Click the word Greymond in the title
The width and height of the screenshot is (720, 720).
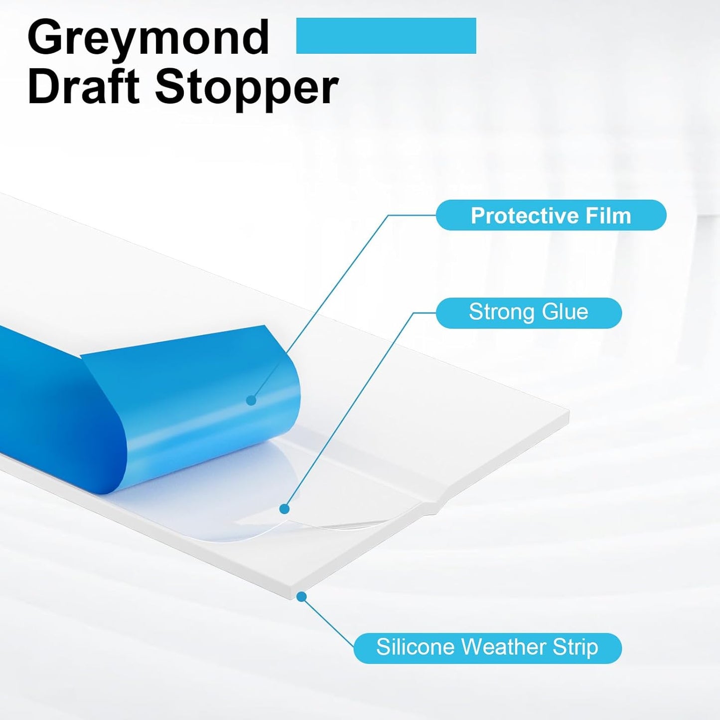(x=148, y=39)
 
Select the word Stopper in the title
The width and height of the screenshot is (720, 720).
(x=247, y=89)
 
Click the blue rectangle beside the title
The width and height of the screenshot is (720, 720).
(x=386, y=36)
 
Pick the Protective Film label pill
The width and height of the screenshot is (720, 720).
(x=551, y=215)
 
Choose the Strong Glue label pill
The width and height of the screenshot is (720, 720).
(x=529, y=313)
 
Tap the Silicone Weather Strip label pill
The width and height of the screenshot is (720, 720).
(x=487, y=648)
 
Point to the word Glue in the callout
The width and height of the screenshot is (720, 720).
(x=565, y=312)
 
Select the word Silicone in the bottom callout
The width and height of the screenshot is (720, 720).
(x=415, y=647)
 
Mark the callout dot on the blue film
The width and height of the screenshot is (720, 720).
(x=251, y=400)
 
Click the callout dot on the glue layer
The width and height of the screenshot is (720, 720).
(x=284, y=509)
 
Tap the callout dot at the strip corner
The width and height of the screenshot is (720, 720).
(x=301, y=596)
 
